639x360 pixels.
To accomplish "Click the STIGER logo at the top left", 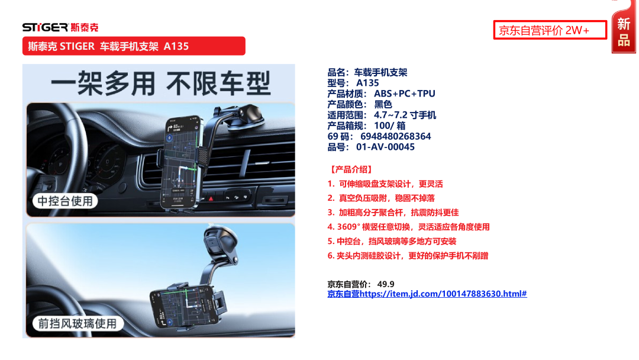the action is click(x=60, y=27).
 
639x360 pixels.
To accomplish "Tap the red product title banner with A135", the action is click(x=134, y=46).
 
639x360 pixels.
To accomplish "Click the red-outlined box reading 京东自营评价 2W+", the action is click(x=550, y=30).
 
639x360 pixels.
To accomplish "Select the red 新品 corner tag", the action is click(x=624, y=28).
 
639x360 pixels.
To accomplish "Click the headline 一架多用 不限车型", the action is click(x=160, y=83).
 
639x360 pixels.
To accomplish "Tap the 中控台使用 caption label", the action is click(x=65, y=201).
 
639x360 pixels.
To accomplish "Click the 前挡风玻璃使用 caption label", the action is click(x=78, y=323).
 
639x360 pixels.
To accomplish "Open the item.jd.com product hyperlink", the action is click(x=427, y=294).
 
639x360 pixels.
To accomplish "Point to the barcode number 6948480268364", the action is click(x=395, y=136).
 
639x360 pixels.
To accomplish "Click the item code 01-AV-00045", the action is click(x=385, y=147).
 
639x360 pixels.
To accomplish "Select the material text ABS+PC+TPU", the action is click(x=404, y=94).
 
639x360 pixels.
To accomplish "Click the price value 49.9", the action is click(x=386, y=284).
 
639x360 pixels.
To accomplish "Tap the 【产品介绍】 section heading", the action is click(x=351, y=169).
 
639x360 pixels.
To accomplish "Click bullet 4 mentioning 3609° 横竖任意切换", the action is click(x=408, y=227).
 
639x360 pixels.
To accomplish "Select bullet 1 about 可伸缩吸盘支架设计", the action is click(x=385, y=184).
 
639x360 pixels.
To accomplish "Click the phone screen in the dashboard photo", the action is click(x=182, y=163).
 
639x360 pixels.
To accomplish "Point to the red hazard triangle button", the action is click(x=211, y=198).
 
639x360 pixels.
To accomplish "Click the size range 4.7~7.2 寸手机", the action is click(x=405, y=115).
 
